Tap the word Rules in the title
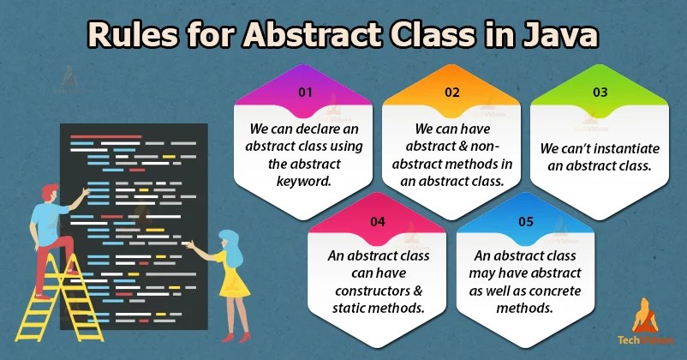pyautogui.click(x=133, y=34)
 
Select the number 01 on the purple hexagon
pyautogui.click(x=305, y=92)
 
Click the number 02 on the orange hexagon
pyautogui.click(x=452, y=92)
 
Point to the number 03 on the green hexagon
pyautogui.click(x=600, y=92)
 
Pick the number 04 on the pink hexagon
pyautogui.click(x=378, y=221)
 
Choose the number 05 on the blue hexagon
pyautogui.click(x=526, y=221)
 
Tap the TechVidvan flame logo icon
pyautogui.click(x=645, y=315)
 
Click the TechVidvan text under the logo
pyautogui.click(x=645, y=339)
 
